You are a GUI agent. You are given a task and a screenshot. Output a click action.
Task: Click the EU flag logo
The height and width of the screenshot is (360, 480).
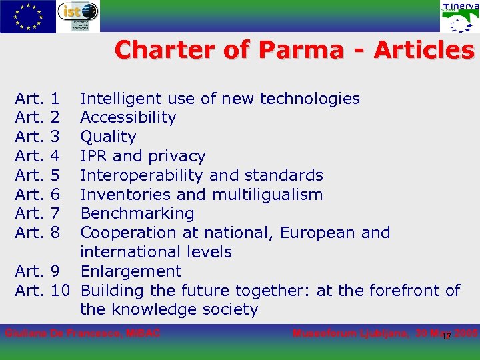click(27, 16)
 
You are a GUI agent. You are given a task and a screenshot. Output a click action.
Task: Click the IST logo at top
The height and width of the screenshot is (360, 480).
click(78, 15)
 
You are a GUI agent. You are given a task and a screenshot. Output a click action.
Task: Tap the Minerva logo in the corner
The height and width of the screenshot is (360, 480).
click(459, 17)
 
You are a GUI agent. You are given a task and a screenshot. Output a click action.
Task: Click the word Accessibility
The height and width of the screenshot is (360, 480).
click(128, 118)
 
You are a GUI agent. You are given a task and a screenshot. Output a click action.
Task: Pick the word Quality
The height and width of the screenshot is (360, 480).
click(108, 137)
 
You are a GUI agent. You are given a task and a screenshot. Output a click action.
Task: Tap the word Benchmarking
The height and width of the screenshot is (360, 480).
click(137, 214)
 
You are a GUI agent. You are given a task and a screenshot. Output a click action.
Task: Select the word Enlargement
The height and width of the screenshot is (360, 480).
click(131, 271)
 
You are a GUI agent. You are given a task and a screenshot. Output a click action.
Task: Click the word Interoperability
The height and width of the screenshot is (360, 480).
click(142, 175)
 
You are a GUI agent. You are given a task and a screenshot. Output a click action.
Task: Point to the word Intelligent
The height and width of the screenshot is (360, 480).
click(121, 99)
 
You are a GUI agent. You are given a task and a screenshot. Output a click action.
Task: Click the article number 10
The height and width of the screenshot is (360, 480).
click(60, 291)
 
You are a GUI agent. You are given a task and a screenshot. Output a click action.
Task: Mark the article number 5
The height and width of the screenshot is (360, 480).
click(55, 175)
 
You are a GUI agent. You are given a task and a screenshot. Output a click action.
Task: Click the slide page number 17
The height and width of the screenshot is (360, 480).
click(447, 337)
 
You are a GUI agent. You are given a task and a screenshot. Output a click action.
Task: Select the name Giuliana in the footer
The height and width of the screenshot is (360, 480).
click(26, 333)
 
